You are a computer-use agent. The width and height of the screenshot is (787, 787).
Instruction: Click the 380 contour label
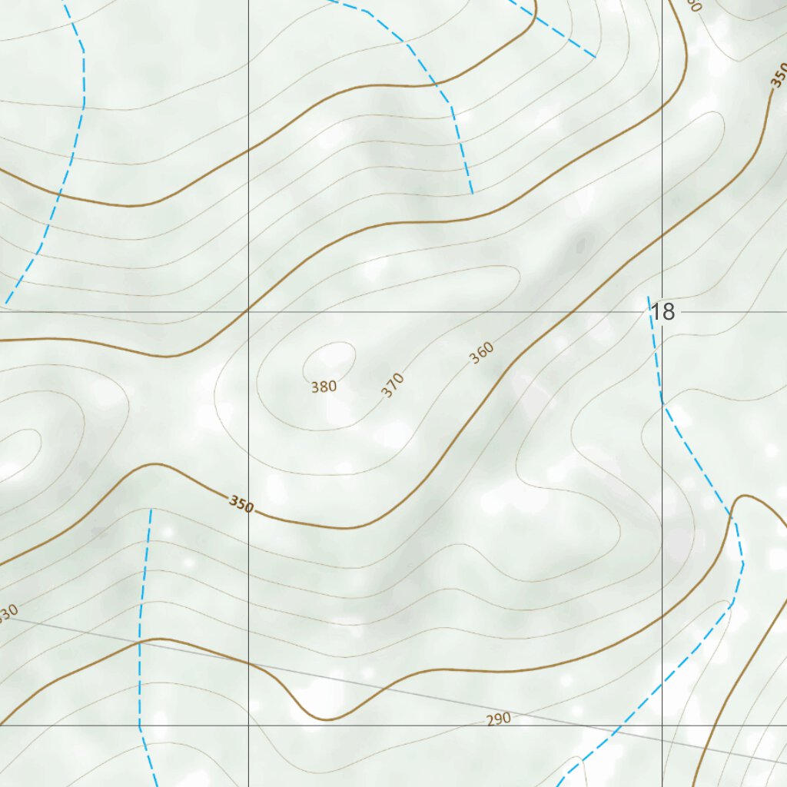click(324, 387)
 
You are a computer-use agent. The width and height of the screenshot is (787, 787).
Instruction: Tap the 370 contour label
click(392, 384)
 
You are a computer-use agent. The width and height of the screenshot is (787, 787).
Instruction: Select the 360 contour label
click(481, 353)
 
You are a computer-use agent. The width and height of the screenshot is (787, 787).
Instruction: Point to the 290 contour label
click(499, 719)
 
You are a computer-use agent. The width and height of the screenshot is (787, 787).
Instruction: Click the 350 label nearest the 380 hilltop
click(241, 505)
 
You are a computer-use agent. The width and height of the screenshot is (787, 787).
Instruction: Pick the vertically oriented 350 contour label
click(778, 78)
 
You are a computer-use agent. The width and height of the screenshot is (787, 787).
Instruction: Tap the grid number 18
click(662, 311)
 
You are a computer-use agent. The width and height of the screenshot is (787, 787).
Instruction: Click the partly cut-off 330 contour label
click(8, 613)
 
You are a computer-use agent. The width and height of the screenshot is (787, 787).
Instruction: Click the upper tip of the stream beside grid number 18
click(649, 297)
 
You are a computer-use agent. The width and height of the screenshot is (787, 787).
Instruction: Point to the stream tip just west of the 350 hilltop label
click(151, 510)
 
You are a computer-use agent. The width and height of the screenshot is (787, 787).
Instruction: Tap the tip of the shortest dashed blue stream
click(595, 56)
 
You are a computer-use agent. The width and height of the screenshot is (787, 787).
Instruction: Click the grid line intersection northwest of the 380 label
click(248, 312)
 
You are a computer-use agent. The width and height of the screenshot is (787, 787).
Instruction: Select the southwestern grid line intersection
click(248, 725)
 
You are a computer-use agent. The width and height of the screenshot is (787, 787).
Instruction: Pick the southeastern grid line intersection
click(662, 725)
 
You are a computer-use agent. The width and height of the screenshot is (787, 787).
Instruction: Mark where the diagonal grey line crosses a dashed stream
click(139, 640)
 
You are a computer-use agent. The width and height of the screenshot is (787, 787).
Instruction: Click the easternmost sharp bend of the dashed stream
click(743, 563)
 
